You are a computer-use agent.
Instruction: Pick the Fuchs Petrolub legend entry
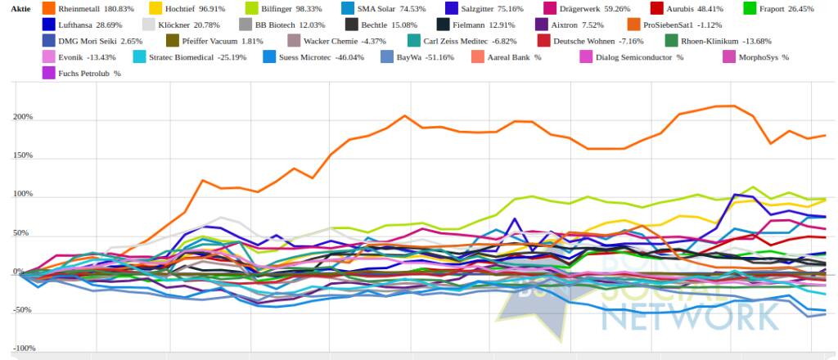[x=90, y=74]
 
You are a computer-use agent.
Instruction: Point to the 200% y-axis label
[x=22, y=117]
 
